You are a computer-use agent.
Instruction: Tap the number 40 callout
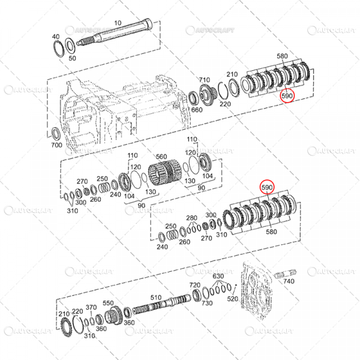click(55, 36)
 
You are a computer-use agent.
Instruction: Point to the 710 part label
click(204, 80)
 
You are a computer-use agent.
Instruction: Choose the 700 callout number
click(56, 146)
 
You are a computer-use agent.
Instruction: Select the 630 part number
click(218, 277)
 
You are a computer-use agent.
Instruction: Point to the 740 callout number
click(289, 281)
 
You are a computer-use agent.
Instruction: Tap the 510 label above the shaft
click(156, 297)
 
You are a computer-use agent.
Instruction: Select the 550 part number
click(108, 303)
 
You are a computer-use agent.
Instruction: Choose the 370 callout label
click(91, 307)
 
